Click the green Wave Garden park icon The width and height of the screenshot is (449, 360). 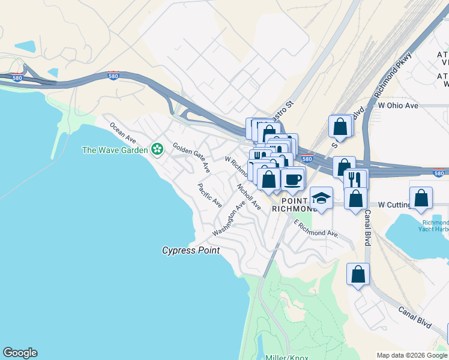pos(158,149)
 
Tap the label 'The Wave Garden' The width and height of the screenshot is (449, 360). pos(115,149)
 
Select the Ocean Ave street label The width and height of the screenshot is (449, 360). pos(122,133)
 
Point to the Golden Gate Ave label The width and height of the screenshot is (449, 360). pos(191,158)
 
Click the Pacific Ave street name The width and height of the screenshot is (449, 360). pos(210,196)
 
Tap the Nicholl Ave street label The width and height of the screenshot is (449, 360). pos(249,196)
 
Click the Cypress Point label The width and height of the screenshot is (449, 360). pos(191,250)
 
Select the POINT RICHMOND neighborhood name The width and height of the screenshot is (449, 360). pos(294,204)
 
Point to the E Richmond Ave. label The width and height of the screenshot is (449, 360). pos(316,228)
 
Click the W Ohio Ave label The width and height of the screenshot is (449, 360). pos(398,106)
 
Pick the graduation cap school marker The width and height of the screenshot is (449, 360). pos(321,198)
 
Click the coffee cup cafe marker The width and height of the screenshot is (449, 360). pos(292,179)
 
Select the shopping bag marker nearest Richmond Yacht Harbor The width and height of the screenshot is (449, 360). pos(421,198)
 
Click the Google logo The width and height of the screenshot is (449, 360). pos(20,353)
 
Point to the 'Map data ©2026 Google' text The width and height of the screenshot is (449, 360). pos(411,355)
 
